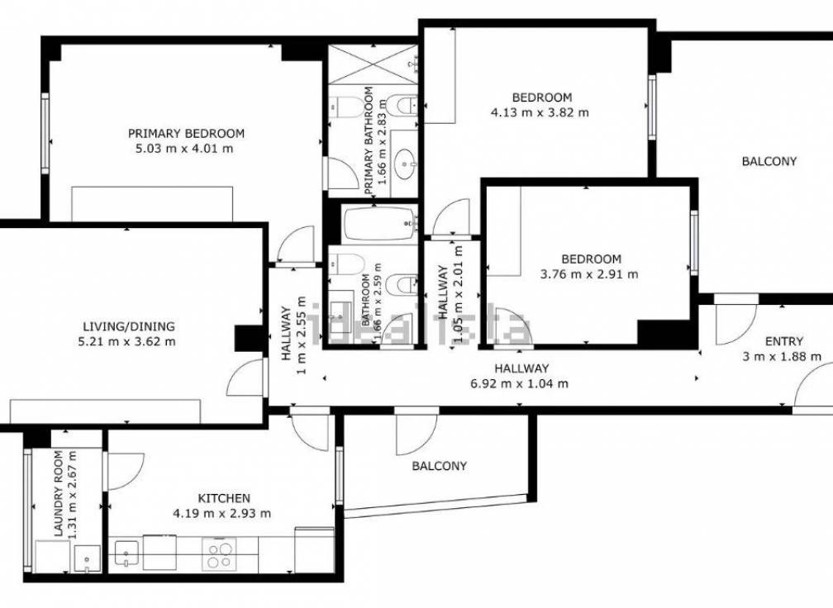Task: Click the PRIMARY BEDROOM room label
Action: (186, 133)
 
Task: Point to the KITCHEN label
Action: (223, 498)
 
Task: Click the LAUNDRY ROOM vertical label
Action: (59, 495)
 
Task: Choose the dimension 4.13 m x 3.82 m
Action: (540, 112)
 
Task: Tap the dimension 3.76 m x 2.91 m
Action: (589, 274)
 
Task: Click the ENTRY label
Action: (783, 341)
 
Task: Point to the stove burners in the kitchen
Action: (220, 553)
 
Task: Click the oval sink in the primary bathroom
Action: (406, 161)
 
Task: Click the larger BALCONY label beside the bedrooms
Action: (769, 161)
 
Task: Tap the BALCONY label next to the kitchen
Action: (439, 466)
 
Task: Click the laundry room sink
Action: (84, 559)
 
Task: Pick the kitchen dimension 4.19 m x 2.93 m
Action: (223, 513)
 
